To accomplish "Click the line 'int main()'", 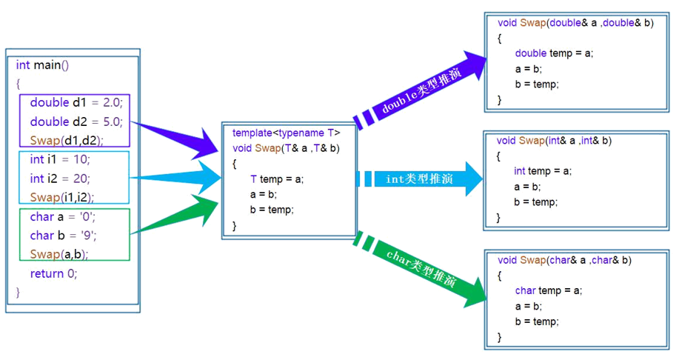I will point(42,65).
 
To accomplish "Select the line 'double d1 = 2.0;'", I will point(76,102).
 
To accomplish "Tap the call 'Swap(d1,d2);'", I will point(67,140).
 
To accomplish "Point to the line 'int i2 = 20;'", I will point(60,179).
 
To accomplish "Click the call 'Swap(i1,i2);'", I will point(62,197).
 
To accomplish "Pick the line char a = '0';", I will point(63,217).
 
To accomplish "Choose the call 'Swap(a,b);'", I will point(59,254).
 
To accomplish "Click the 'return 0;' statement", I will point(53,273).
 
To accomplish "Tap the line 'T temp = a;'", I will point(277,179).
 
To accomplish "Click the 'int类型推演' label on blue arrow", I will point(419,179).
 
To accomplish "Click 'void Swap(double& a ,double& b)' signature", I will point(575,23).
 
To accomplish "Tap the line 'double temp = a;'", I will point(554,53).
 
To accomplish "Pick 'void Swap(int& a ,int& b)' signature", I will point(554,140).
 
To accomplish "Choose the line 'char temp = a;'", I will point(549,290).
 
